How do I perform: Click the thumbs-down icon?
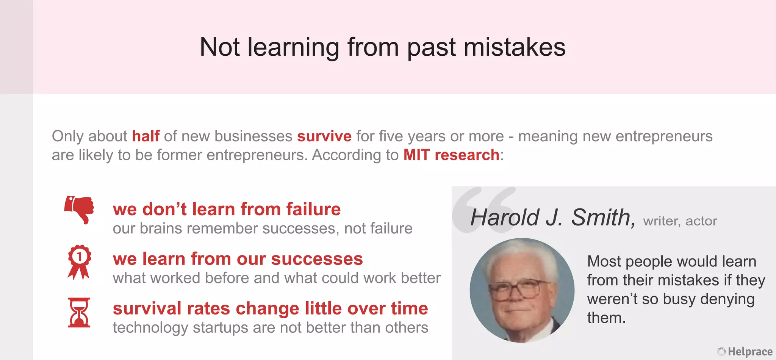[x=79, y=209]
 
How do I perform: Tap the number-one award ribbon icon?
[x=79, y=261]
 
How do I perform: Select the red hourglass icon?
[x=79, y=312]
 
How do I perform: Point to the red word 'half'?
[x=145, y=136]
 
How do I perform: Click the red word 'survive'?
[x=324, y=136]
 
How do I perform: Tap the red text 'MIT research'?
[x=451, y=155]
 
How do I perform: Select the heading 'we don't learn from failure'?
[x=227, y=209]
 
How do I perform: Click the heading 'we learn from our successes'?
[x=238, y=259]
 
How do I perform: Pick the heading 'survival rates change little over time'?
[x=270, y=308]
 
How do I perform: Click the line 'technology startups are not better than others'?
[x=270, y=327]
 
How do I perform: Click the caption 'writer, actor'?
[x=680, y=221]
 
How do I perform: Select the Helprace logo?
[x=745, y=352]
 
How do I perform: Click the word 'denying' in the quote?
[x=727, y=299]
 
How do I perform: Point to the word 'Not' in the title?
[x=219, y=47]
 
